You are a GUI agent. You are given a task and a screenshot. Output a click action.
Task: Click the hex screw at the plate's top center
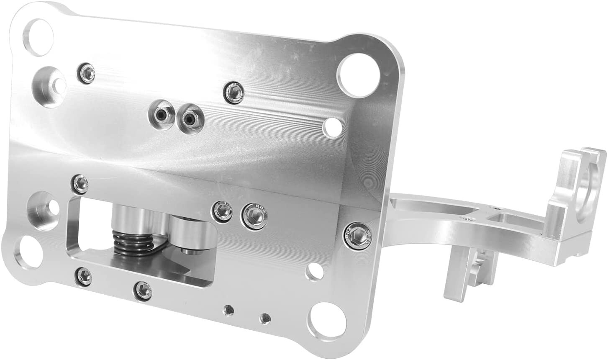tap(233, 92)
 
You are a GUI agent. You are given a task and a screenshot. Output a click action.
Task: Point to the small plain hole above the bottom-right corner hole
tap(313, 273)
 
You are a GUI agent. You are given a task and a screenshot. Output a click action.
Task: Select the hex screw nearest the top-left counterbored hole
tap(87, 72)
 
